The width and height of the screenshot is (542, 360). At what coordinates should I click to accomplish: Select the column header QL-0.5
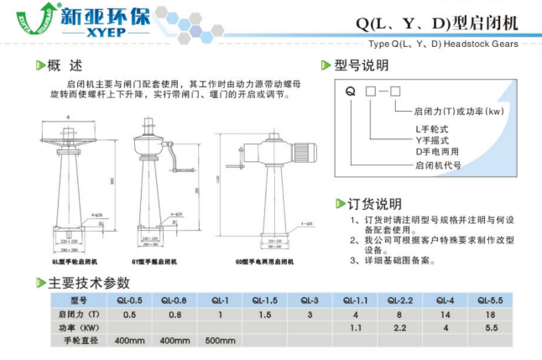pyautogui.click(x=129, y=300)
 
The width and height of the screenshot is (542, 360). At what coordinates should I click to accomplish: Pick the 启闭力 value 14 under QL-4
pyautogui.click(x=445, y=314)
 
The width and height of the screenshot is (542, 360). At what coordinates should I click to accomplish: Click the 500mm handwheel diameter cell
pyautogui.click(x=220, y=341)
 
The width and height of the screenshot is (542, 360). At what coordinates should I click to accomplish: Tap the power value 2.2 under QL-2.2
pyautogui.click(x=399, y=327)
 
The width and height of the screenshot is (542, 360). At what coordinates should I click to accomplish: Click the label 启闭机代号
pyautogui.click(x=438, y=165)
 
